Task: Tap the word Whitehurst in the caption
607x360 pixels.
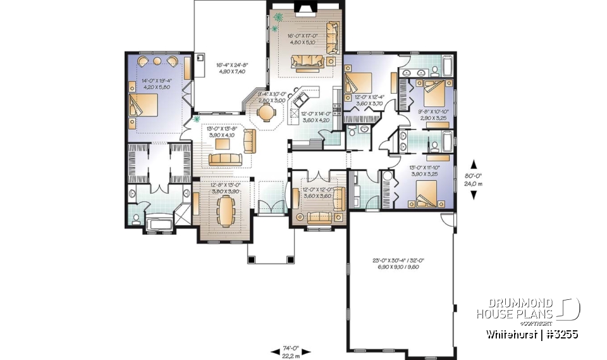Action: click(x=509, y=334)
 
